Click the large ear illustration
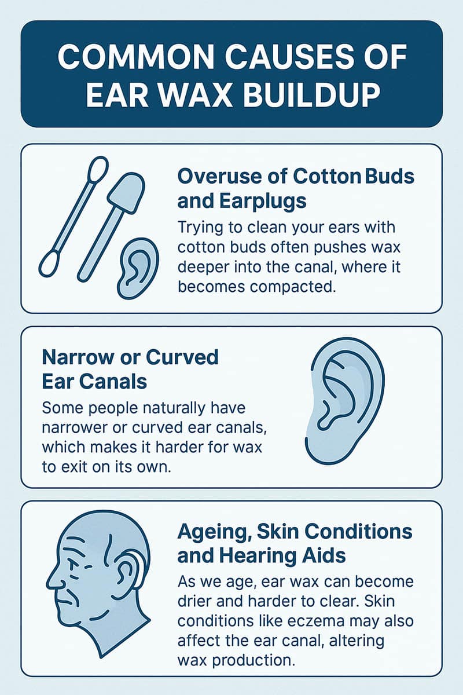click(x=344, y=401)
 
